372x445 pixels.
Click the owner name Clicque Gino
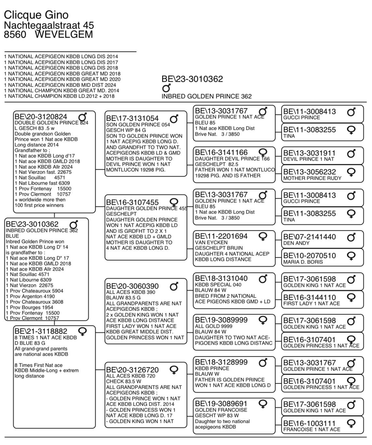click(36, 15)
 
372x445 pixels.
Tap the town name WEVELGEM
click(64, 34)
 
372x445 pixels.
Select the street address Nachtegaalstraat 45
click(49, 25)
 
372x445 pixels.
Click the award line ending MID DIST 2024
click(60, 85)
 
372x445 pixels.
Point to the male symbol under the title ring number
click(166, 88)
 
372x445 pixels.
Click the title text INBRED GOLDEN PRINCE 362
click(206, 96)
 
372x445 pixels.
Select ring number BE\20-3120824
click(41, 117)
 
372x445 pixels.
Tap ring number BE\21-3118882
click(41, 331)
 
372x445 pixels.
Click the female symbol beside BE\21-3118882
click(83, 331)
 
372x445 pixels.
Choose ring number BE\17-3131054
click(132, 118)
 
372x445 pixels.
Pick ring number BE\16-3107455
click(132, 203)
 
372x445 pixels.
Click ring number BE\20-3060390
click(132, 286)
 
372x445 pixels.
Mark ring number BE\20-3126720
click(132, 370)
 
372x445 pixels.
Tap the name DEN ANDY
click(296, 243)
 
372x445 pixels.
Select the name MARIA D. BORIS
click(303, 262)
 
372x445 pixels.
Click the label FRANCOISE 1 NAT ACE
click(312, 429)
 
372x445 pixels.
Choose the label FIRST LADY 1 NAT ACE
click(312, 303)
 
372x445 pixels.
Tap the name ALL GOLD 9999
click(214, 326)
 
